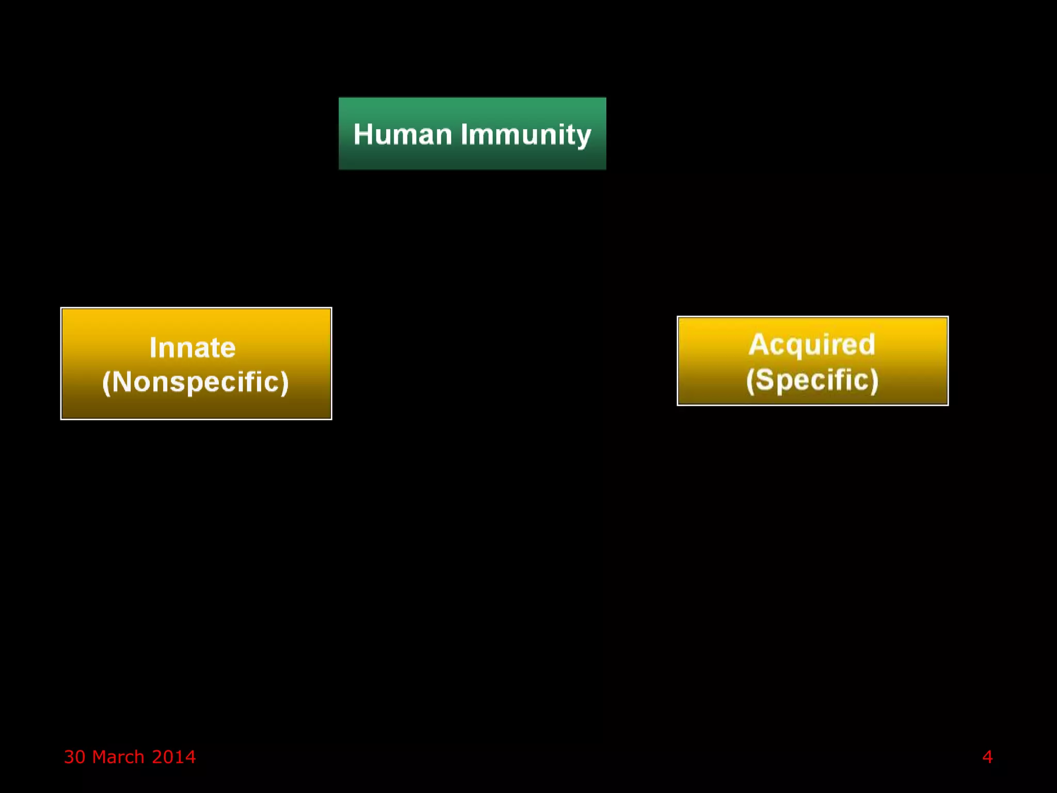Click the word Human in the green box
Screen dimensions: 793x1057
click(403, 134)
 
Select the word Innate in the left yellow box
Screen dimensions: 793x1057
click(193, 347)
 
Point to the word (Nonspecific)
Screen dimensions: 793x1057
click(196, 382)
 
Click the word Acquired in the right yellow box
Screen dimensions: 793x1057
click(812, 344)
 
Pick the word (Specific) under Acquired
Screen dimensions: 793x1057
click(812, 380)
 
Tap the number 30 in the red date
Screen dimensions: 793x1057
click(74, 757)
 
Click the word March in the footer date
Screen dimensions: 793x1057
click(118, 757)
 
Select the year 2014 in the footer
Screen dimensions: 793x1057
click(174, 757)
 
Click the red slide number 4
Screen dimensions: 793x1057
click(987, 757)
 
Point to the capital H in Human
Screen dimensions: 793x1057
click(363, 134)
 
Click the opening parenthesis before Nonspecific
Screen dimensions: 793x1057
click(106, 383)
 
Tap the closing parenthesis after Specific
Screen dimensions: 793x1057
click(874, 380)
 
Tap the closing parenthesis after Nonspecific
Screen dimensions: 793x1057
click(284, 383)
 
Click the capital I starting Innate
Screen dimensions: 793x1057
click(153, 347)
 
